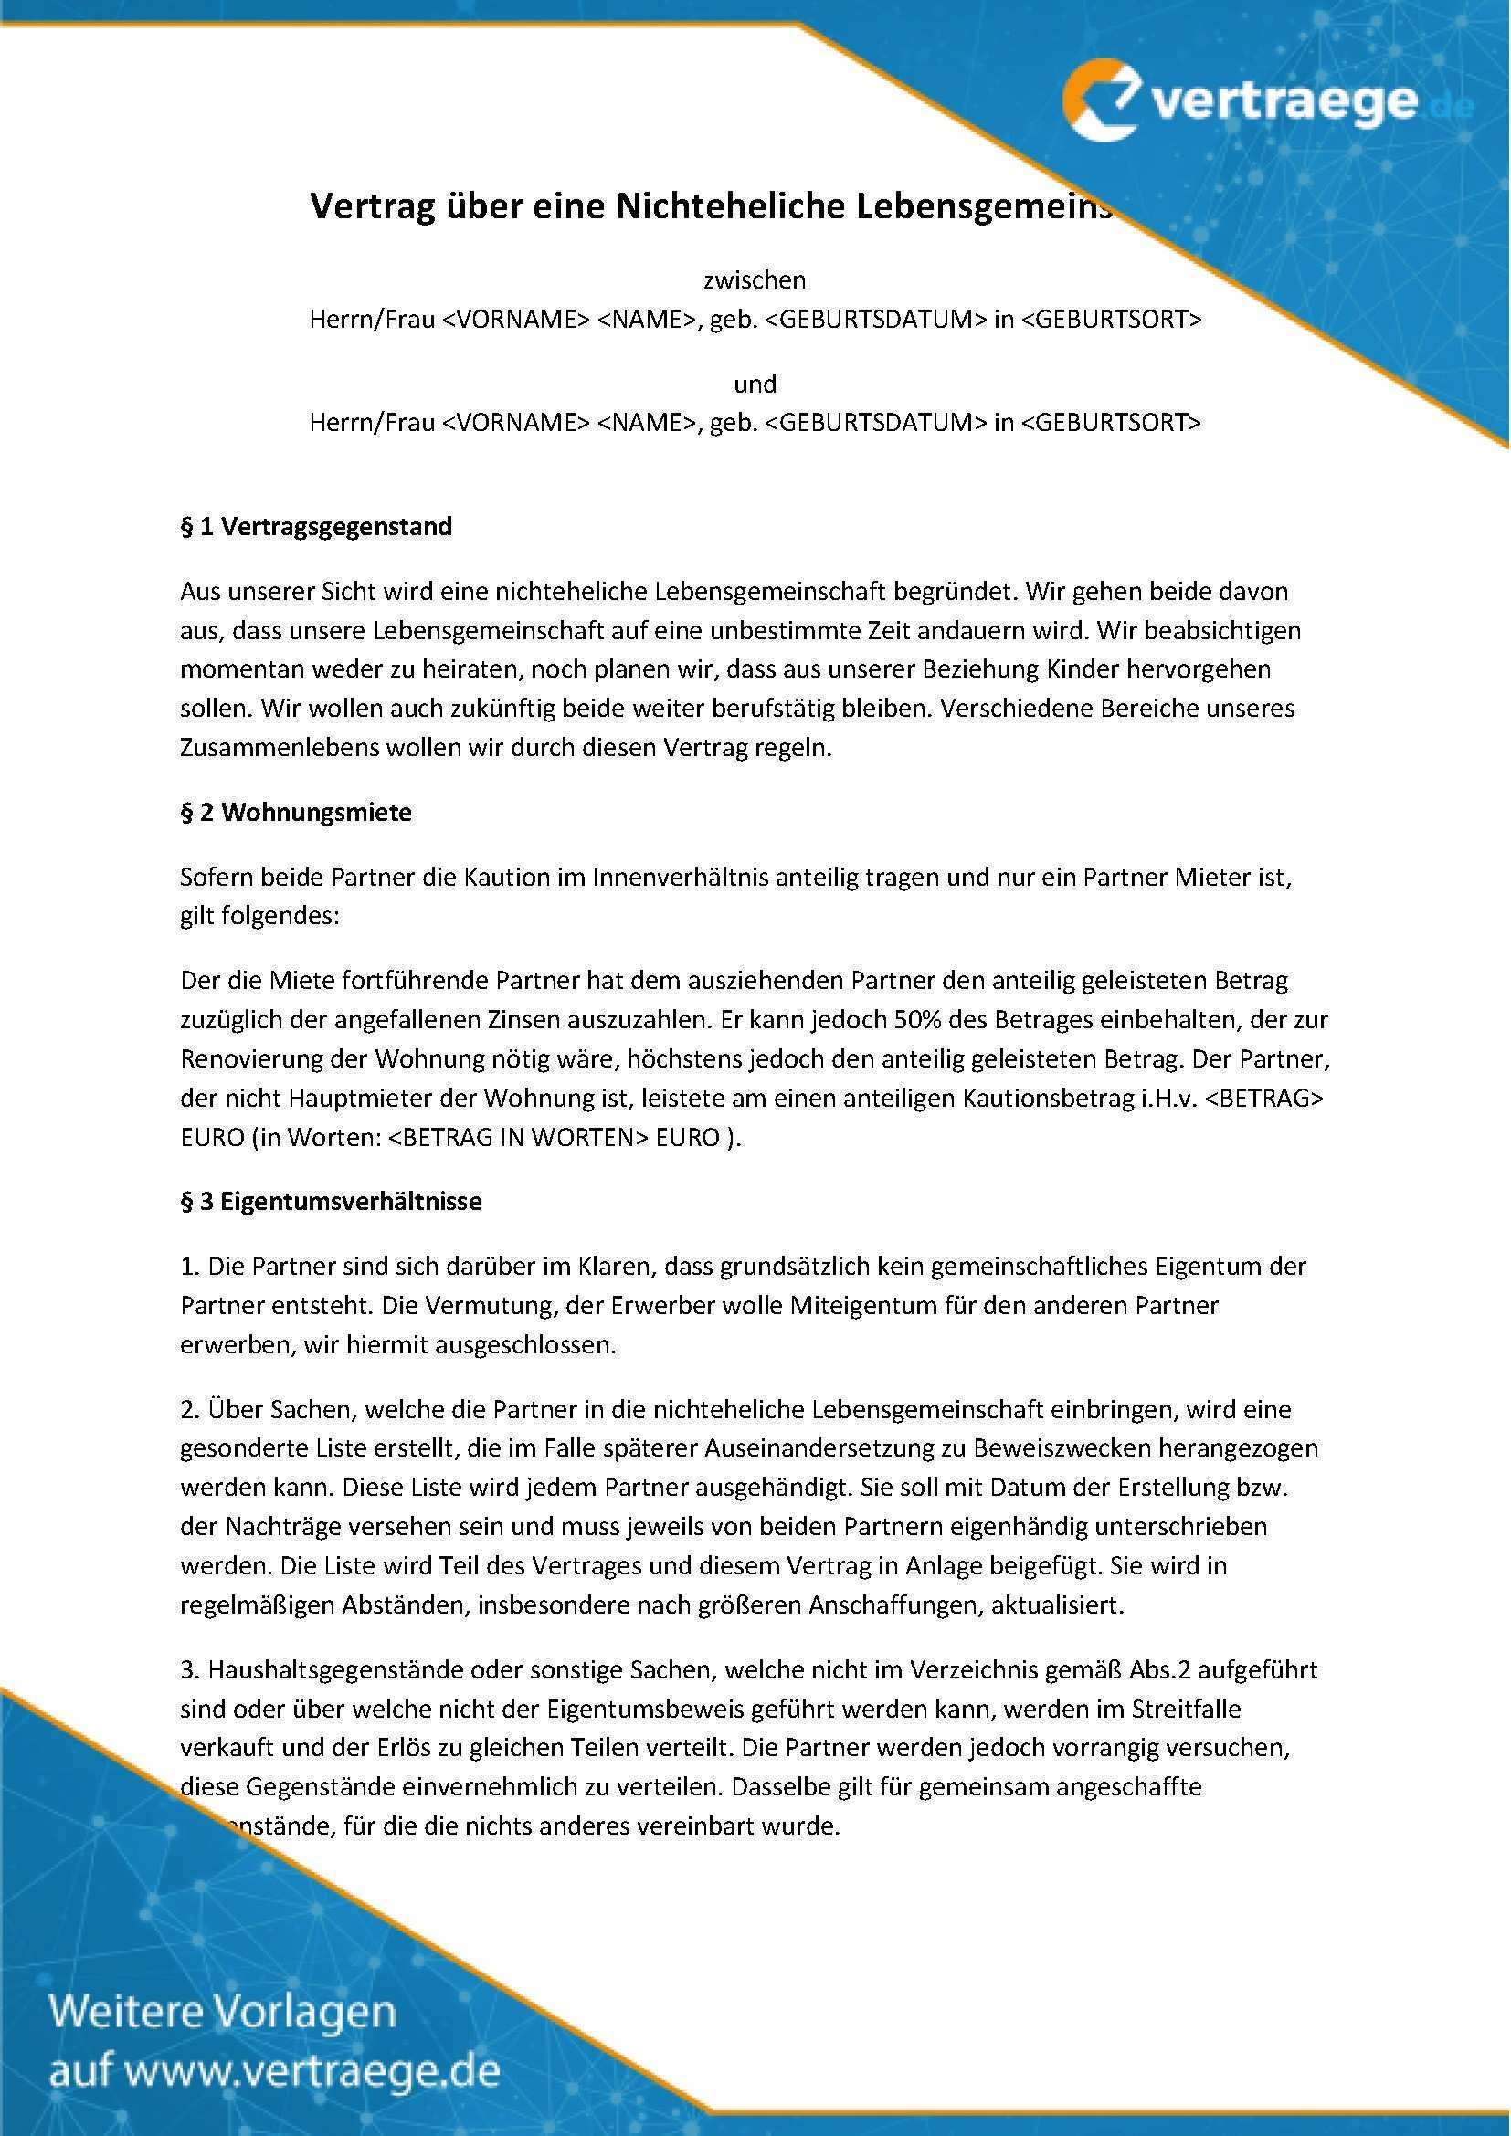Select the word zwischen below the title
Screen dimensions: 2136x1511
(755, 279)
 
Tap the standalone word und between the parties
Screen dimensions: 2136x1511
(755, 384)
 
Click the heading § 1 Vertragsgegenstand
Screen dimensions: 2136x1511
(316, 527)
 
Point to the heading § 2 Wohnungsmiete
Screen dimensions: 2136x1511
(296, 812)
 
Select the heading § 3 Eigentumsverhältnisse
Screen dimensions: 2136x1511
(332, 1201)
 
